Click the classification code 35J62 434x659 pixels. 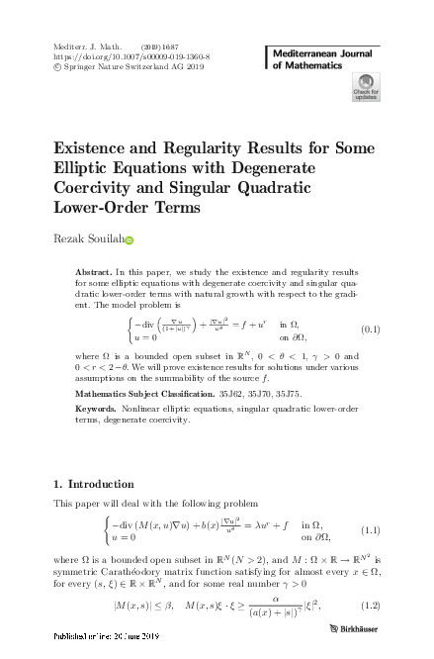(x=243, y=393)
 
